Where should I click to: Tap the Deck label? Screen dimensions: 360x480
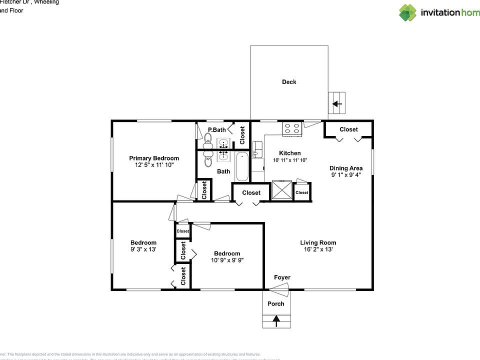[x=289, y=82]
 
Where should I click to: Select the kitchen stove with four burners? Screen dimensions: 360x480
[x=291, y=129]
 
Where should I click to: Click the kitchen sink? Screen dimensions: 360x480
[x=257, y=149]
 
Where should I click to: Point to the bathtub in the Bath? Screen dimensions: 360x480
[x=242, y=166]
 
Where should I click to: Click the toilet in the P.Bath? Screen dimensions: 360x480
[x=208, y=144]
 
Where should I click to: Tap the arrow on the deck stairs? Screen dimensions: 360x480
[x=337, y=104]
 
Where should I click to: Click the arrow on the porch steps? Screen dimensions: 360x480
[x=275, y=319]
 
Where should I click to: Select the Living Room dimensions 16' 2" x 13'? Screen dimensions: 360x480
[x=318, y=249]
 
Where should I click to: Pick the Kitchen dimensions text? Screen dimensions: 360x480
[x=290, y=160]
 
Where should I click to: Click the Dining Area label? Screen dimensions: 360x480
[x=346, y=168]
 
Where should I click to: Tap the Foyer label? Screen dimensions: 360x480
[x=282, y=277]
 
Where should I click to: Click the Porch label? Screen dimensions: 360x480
[x=275, y=303]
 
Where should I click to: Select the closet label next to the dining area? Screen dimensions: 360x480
[x=348, y=129]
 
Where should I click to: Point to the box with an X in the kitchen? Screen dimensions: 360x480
[x=281, y=190]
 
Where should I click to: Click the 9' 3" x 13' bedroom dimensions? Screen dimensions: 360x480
[x=143, y=249]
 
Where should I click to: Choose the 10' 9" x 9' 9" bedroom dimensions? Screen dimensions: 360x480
[x=227, y=260]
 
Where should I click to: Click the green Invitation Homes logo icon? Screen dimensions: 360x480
[x=407, y=12]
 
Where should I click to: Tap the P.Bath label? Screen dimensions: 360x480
[x=217, y=130]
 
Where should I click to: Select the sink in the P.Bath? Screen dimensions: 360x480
[x=223, y=143]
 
